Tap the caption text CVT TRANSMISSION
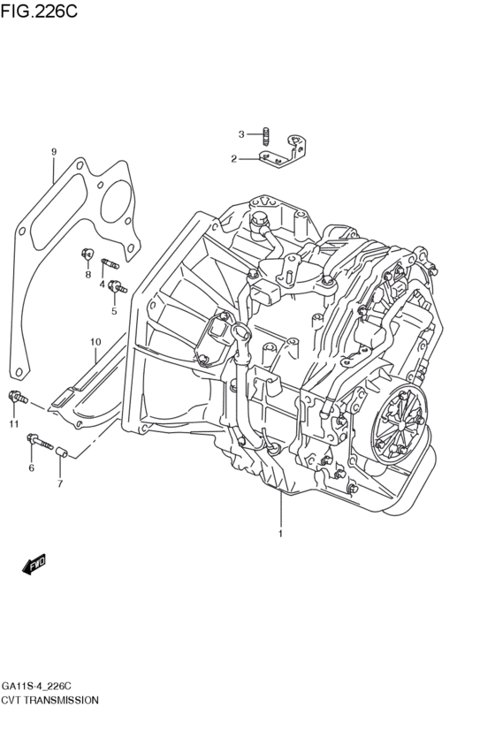tap(50, 699)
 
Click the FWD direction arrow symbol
tap(34, 563)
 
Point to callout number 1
tap(280, 534)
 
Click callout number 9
tap(53, 152)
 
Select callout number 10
tap(95, 342)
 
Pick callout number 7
tap(60, 483)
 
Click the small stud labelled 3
tap(264, 135)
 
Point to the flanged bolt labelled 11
tap(18, 399)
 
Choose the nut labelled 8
tap(87, 255)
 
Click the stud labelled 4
tap(110, 262)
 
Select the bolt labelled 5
tap(118, 287)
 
